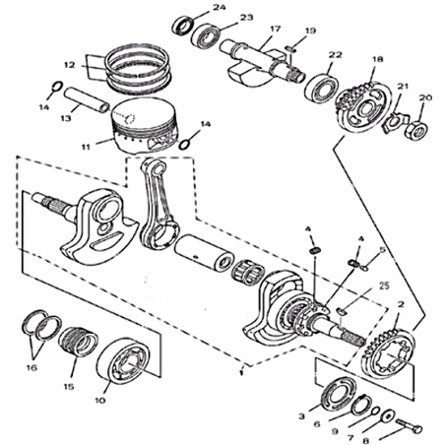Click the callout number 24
coord(219,7)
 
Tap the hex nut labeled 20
coord(417,129)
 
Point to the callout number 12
coord(70,65)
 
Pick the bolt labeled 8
coord(409,426)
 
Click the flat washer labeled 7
coord(389,415)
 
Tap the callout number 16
coord(32,368)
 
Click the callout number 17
coord(275,29)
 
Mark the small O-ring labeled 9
coord(375,411)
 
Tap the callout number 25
coord(383,286)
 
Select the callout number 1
coord(241,373)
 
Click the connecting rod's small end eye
coord(157,167)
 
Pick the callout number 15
coord(69,387)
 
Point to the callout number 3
coord(302,416)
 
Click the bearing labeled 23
coord(205,35)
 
